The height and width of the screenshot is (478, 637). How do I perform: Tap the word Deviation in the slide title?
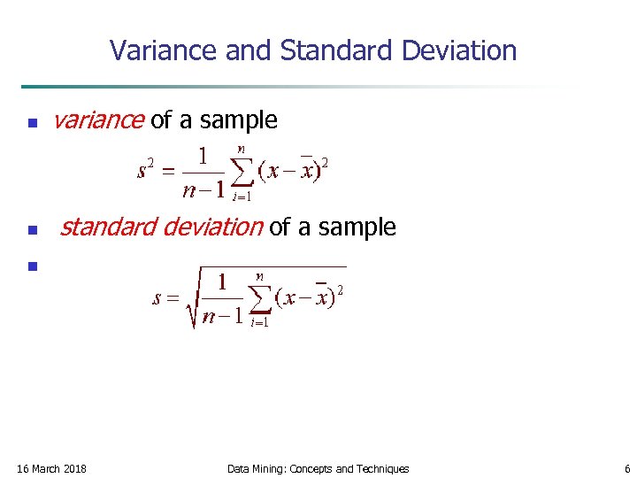click(458, 50)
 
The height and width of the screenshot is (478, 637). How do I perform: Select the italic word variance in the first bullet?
click(98, 120)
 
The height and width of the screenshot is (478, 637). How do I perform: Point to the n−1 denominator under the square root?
click(220, 316)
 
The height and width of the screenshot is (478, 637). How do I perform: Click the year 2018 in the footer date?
click(74, 468)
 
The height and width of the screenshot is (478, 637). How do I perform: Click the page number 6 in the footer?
click(626, 468)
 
